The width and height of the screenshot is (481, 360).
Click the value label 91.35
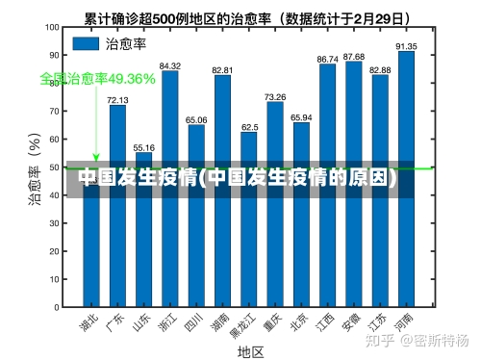click(406, 45)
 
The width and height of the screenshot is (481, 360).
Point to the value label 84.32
click(169, 65)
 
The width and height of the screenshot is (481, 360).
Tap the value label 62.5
click(249, 126)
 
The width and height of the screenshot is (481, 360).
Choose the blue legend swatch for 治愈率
click(87, 43)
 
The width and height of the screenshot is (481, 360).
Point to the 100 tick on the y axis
click(55, 27)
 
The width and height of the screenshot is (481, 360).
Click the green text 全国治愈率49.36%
click(97, 78)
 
